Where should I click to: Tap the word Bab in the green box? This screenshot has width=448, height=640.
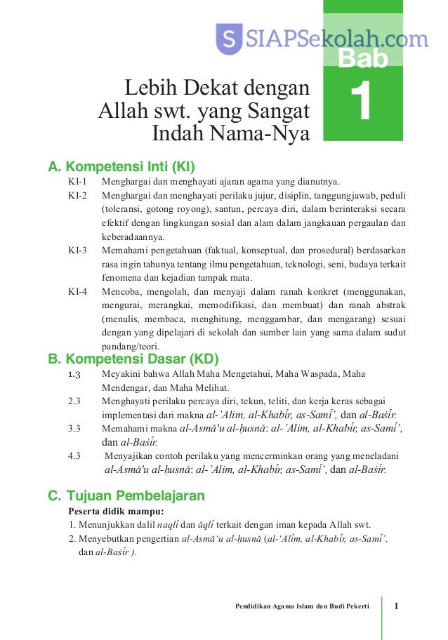click(362, 60)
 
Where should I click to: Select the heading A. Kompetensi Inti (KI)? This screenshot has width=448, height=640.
click(120, 167)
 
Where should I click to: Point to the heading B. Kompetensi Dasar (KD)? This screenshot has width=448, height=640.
click(124, 360)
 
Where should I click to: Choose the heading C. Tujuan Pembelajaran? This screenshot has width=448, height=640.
click(126, 496)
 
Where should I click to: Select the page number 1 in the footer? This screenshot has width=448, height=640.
click(397, 606)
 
